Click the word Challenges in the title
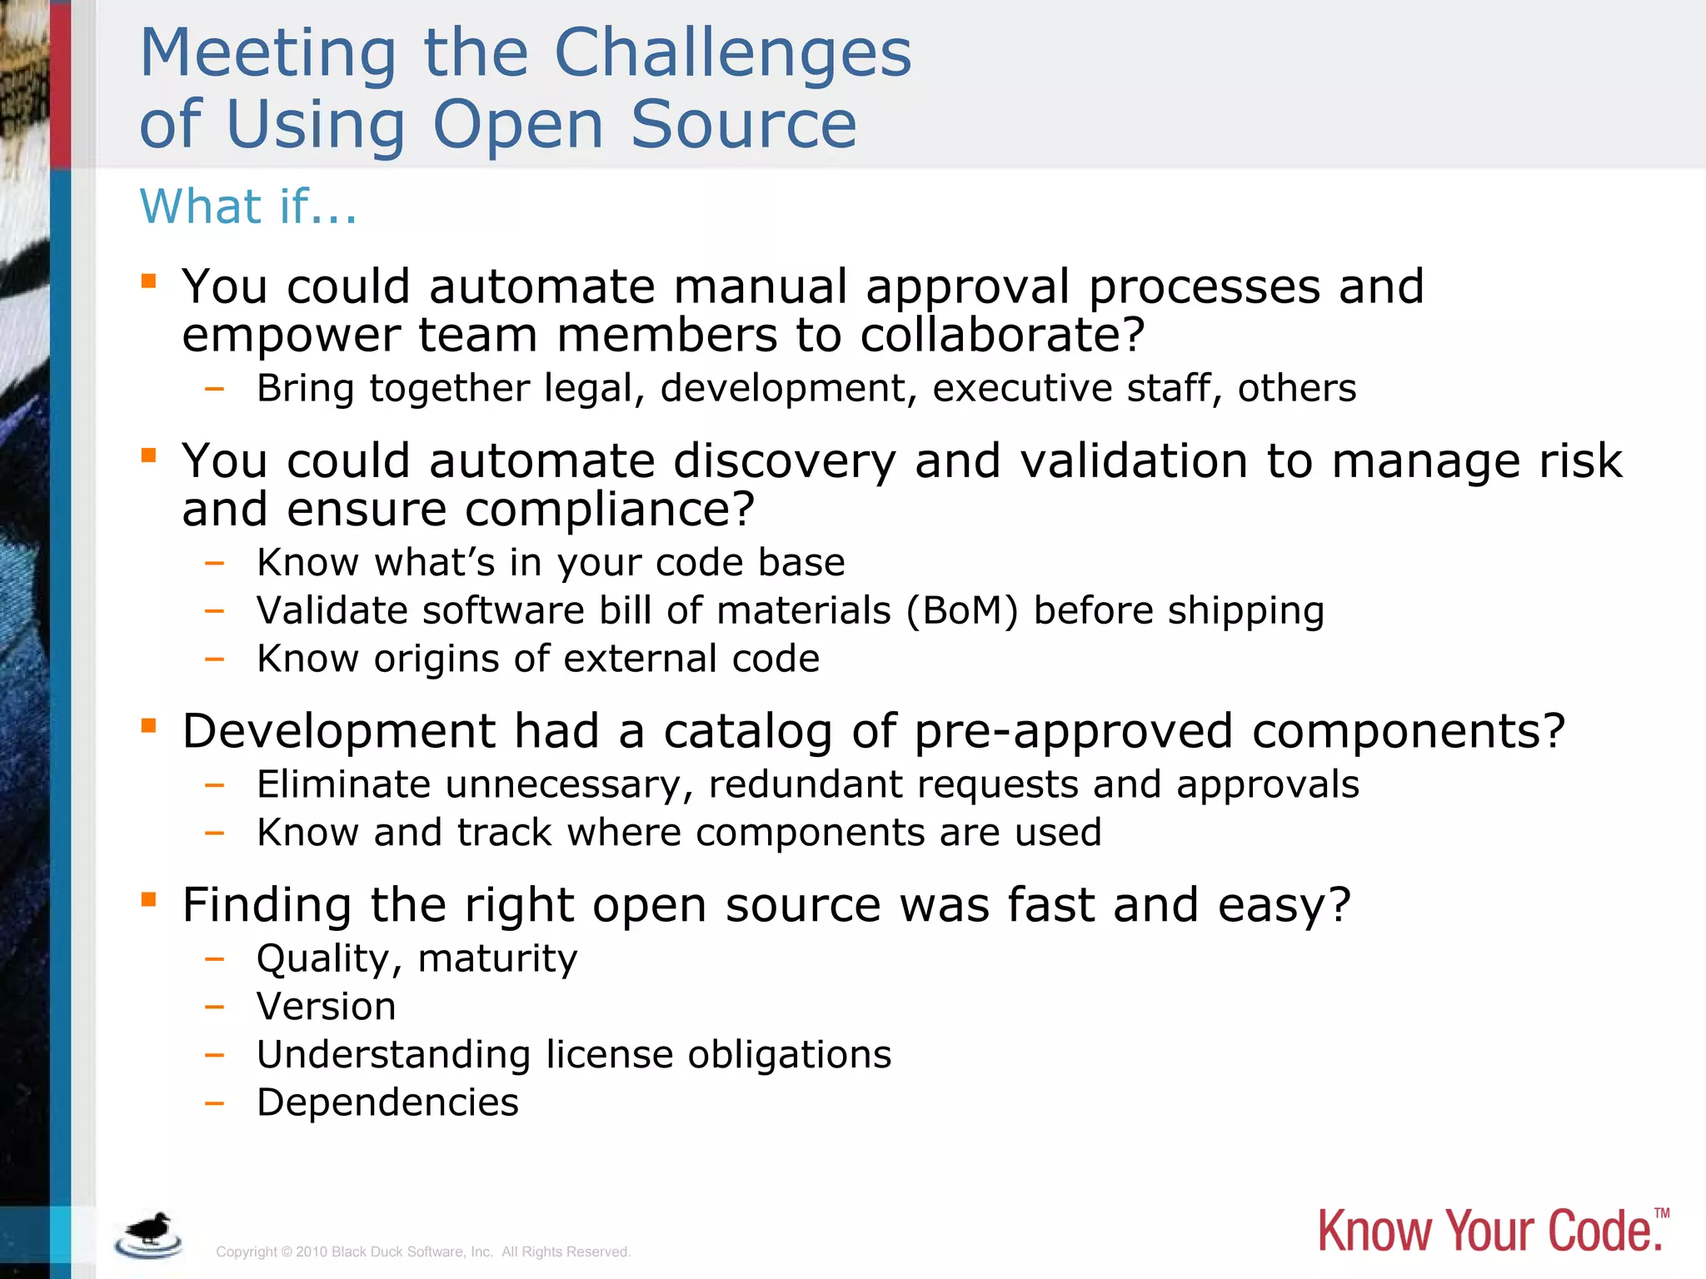(x=732, y=53)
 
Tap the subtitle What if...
(x=247, y=207)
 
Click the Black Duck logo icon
(x=149, y=1235)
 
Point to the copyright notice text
(x=423, y=1252)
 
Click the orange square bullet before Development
(x=149, y=725)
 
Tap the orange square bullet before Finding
(x=149, y=899)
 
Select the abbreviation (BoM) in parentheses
(x=962, y=610)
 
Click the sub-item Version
(x=326, y=1007)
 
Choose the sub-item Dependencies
(x=387, y=1102)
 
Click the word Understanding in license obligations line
(x=393, y=1055)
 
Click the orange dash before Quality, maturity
(x=215, y=959)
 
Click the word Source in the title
(x=743, y=125)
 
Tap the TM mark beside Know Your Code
(x=1661, y=1213)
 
